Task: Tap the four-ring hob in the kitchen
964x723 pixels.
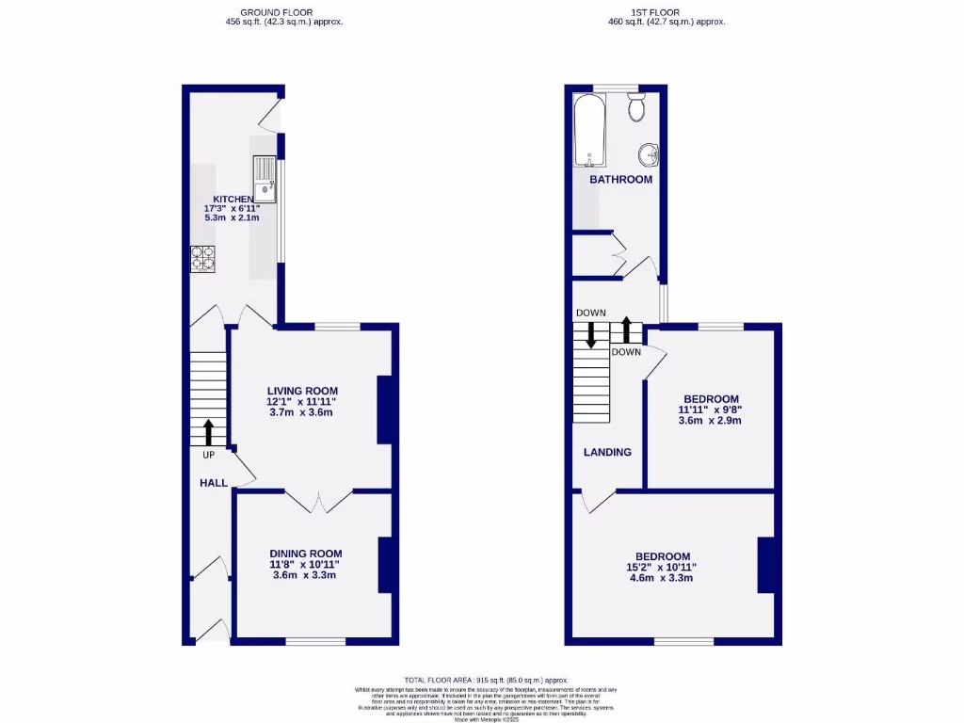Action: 203,258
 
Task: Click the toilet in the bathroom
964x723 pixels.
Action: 635,107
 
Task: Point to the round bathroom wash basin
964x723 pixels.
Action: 648,153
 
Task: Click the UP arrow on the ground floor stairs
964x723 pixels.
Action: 208,432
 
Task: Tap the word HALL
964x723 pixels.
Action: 213,483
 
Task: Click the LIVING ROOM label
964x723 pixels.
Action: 302,391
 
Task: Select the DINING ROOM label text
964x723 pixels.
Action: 306,554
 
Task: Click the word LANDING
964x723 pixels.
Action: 607,452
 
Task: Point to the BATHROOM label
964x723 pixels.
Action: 620,179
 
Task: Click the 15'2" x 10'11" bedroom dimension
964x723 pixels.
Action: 662,568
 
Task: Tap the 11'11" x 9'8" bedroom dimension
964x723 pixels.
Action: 709,410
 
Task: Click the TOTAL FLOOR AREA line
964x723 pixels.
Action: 488,680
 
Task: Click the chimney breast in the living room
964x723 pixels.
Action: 385,410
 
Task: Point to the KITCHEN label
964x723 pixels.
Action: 233,199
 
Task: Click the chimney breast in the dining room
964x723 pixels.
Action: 385,565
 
